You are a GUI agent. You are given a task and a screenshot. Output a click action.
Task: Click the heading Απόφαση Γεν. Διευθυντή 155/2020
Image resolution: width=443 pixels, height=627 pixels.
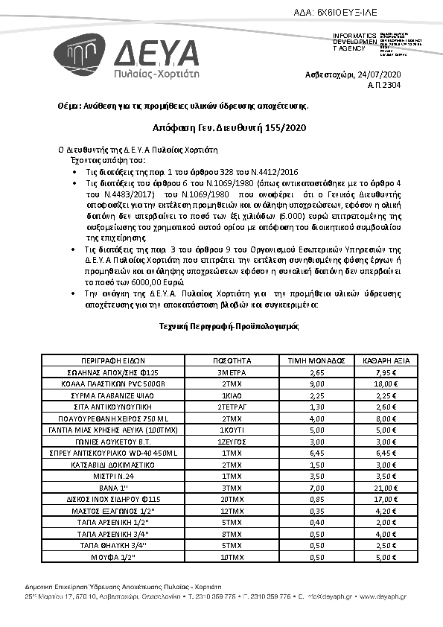(x=221, y=127)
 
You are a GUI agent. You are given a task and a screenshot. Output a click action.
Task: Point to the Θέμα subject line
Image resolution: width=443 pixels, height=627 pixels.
(x=182, y=105)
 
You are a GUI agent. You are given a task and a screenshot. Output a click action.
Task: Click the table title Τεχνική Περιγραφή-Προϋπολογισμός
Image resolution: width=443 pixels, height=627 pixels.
(x=221, y=326)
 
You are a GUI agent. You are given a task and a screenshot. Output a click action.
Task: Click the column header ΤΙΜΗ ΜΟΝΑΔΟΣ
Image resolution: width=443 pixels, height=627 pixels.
(x=314, y=360)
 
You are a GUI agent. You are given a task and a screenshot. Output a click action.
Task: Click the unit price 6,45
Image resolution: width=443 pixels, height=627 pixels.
(x=314, y=452)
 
